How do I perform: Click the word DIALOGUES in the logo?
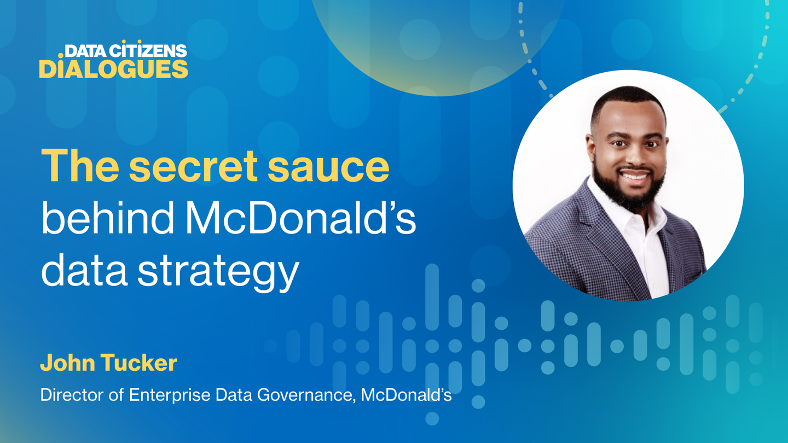114,69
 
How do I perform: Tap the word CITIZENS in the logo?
148,51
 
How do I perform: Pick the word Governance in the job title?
305,395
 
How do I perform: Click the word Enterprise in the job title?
170,395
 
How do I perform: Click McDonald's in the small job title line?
406,394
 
